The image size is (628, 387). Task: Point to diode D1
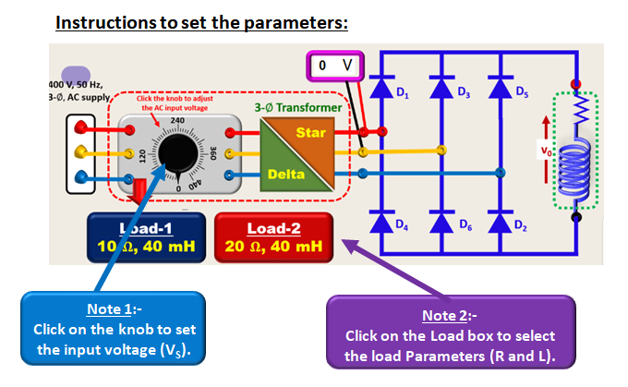pyautogui.click(x=380, y=89)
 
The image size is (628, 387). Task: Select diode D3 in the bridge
pyautogui.click(x=441, y=89)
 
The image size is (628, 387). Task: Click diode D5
pyautogui.click(x=501, y=89)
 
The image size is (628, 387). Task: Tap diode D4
pyautogui.click(x=380, y=223)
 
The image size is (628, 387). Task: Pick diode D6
pyautogui.click(x=441, y=223)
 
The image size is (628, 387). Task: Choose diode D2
pyautogui.click(x=501, y=223)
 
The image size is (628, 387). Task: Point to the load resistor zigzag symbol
pyautogui.click(x=577, y=115)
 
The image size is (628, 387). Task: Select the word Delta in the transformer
pyautogui.click(x=286, y=174)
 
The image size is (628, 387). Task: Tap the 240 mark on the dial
pyautogui.click(x=177, y=122)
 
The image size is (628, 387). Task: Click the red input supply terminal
pyautogui.click(x=82, y=125)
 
